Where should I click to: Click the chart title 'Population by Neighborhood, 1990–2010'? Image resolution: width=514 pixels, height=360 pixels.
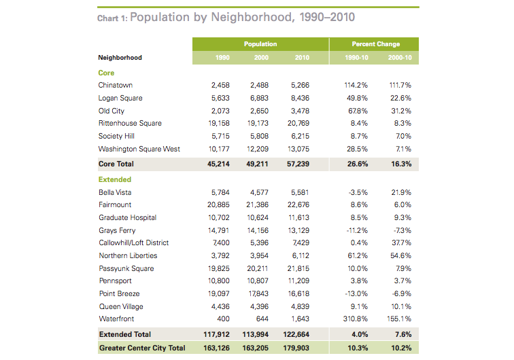click(x=241, y=17)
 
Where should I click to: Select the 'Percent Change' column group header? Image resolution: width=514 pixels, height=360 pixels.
click(x=375, y=44)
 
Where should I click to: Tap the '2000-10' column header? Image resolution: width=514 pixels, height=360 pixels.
click(x=400, y=58)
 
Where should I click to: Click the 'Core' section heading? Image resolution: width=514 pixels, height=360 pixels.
click(x=106, y=73)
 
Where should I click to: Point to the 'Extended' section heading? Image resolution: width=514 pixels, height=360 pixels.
click(x=115, y=180)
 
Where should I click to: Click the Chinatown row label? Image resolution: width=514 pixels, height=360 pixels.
click(x=116, y=86)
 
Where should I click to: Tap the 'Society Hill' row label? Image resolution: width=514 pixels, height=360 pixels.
click(x=117, y=137)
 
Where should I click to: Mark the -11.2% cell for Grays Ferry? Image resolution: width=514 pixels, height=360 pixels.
click(x=357, y=230)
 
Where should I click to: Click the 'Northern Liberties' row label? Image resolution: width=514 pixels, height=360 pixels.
click(x=128, y=256)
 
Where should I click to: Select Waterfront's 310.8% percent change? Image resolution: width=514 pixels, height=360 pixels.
click(x=356, y=319)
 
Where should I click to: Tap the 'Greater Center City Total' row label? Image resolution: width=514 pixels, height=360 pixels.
click(x=141, y=348)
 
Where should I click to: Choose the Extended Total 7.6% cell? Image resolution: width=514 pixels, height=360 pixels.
click(x=402, y=335)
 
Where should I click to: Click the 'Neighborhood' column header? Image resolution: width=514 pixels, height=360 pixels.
click(x=120, y=58)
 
